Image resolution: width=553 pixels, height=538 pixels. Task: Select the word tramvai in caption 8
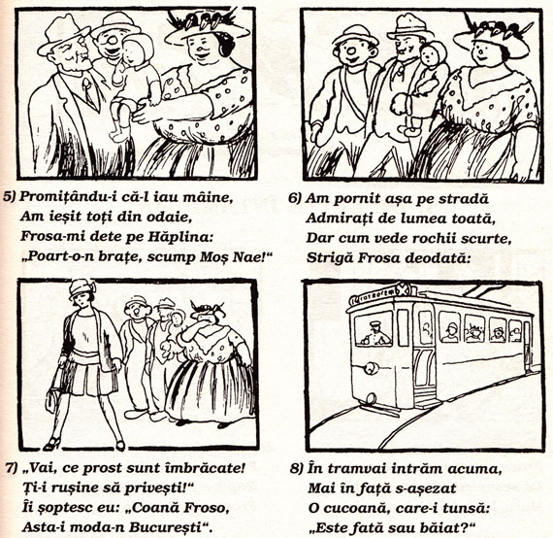(x=358, y=468)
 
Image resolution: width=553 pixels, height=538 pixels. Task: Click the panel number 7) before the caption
(x=12, y=468)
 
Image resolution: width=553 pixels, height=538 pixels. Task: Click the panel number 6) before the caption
(x=295, y=198)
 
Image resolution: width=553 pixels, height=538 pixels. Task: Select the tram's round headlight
(x=370, y=370)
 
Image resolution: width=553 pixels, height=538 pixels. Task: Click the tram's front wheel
(x=370, y=399)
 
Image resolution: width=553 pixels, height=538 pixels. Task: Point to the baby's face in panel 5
(x=136, y=52)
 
